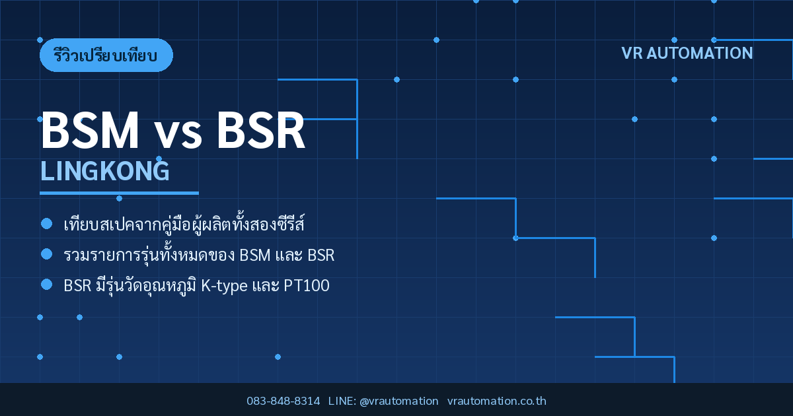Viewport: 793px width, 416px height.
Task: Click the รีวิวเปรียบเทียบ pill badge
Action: click(x=106, y=55)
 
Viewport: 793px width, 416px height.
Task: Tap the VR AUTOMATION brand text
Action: click(x=687, y=53)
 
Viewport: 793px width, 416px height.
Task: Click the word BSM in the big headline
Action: click(x=90, y=130)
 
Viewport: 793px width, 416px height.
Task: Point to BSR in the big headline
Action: click(x=261, y=130)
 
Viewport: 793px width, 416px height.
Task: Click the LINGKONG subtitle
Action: click(x=105, y=171)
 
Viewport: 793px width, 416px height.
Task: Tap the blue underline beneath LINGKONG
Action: click(x=119, y=193)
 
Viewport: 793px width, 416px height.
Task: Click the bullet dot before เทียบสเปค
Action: click(x=47, y=224)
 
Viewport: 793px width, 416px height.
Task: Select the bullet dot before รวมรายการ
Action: click(x=47, y=254)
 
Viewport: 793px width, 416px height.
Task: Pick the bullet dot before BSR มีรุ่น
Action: click(x=47, y=285)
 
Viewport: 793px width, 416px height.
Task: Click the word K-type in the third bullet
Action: click(x=224, y=286)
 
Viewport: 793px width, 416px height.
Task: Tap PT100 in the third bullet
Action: click(x=307, y=285)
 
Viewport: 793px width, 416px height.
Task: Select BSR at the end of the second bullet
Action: click(x=321, y=255)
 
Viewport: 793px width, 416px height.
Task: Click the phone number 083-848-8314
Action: click(x=283, y=401)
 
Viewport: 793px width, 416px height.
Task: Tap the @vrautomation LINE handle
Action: click(x=399, y=401)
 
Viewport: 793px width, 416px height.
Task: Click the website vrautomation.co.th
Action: click(x=497, y=401)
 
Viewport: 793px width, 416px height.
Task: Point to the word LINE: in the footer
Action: click(x=342, y=401)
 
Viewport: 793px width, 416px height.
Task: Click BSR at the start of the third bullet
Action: click(x=77, y=285)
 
